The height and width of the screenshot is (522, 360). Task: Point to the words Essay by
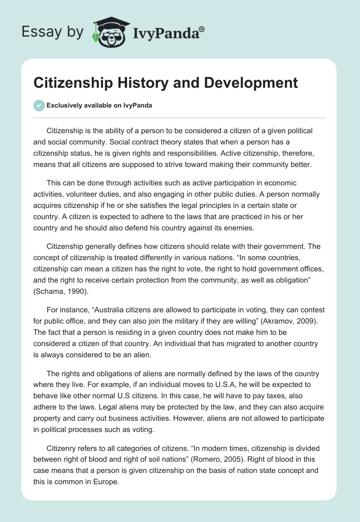(54, 32)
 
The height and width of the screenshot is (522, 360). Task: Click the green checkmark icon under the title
(39, 105)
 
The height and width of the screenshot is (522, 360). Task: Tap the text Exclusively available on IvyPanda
(99, 106)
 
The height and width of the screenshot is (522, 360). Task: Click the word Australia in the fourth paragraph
(99, 310)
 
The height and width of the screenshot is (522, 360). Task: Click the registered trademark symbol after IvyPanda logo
(202, 29)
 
